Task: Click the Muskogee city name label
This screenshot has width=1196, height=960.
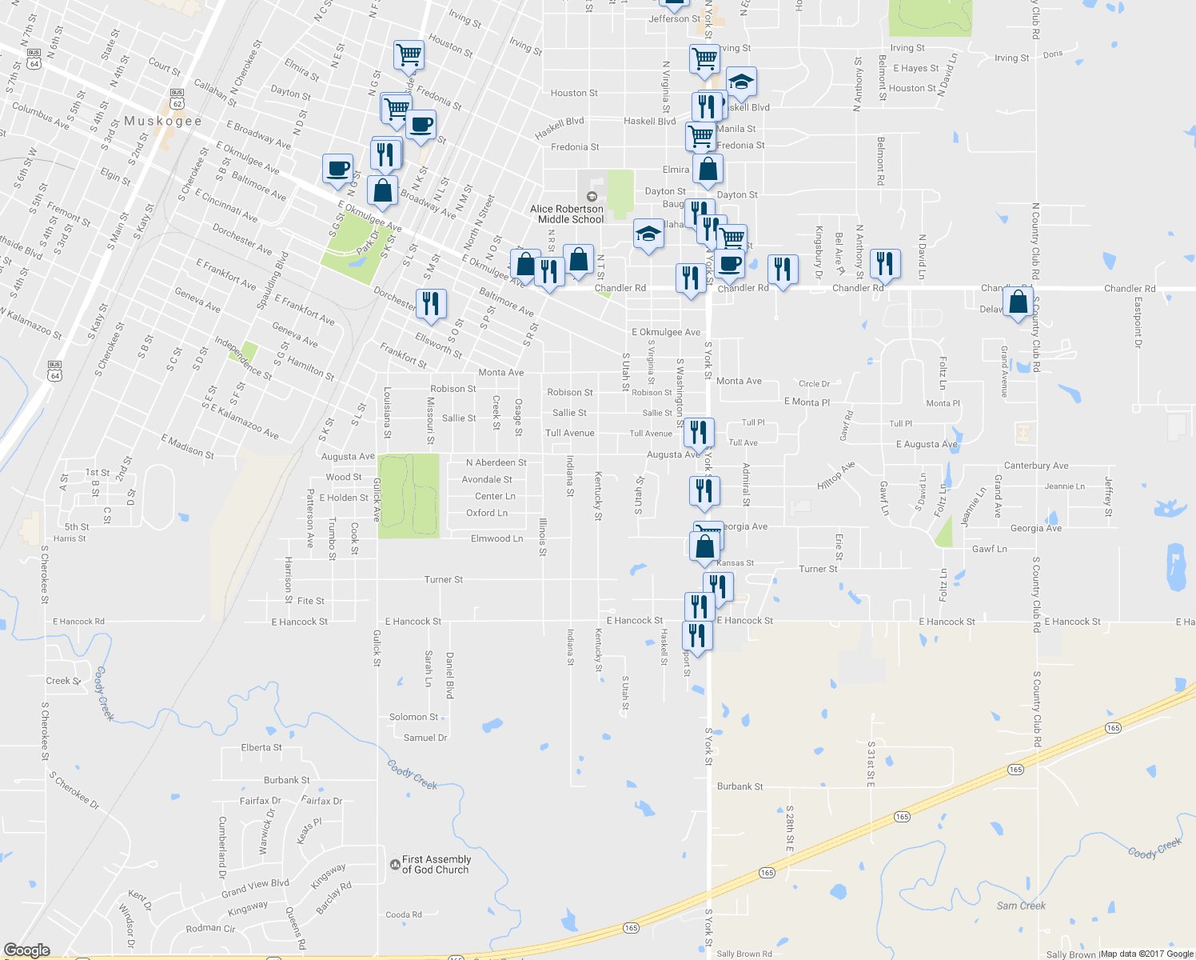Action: pos(162,121)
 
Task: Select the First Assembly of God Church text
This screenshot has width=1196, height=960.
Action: pos(436,865)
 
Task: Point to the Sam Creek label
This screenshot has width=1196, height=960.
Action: pos(1021,906)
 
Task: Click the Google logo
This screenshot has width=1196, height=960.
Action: pos(26,950)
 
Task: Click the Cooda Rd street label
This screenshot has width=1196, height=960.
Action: pos(404,914)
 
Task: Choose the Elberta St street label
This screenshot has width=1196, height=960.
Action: pos(261,748)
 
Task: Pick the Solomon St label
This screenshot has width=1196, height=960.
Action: pos(413,717)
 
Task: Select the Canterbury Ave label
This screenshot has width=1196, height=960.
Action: pos(1036,466)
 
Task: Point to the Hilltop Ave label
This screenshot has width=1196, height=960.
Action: pos(836,476)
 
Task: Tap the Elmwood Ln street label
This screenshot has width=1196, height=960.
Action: pos(496,538)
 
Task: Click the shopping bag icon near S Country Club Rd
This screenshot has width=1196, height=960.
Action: pos(1018,303)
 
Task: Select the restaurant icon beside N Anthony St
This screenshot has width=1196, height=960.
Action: pos(884,262)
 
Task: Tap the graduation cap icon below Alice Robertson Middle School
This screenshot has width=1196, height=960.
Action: pos(648,234)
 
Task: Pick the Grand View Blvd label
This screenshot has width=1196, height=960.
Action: pos(255,888)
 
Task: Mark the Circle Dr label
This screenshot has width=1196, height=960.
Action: pos(814,384)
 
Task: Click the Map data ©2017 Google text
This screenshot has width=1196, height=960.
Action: pos(1146,953)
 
